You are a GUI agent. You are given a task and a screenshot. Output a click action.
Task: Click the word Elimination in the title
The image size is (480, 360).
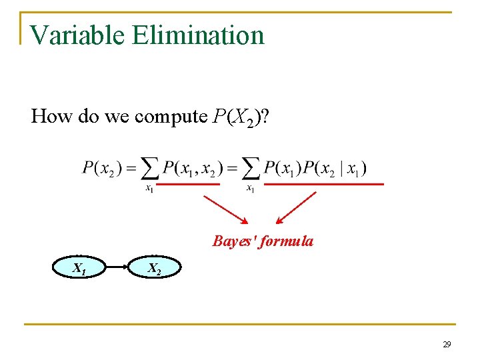pos(199,35)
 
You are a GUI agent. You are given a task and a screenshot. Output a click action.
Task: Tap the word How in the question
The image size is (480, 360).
pos(47,116)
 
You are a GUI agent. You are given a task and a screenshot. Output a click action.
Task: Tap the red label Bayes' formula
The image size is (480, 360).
pos(263,241)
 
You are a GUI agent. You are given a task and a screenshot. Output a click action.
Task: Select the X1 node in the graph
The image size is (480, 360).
pos(79,269)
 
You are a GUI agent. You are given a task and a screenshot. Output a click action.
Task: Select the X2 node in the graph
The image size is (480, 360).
pos(154,269)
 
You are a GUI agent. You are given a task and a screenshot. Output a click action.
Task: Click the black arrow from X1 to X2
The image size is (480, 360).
pos(117,268)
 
